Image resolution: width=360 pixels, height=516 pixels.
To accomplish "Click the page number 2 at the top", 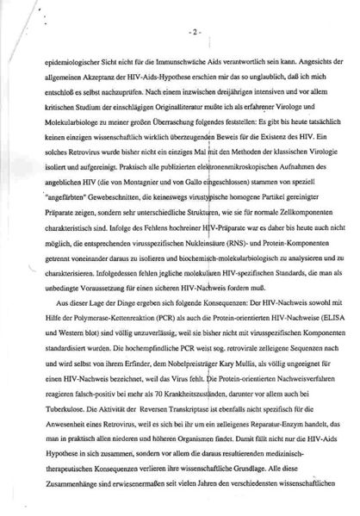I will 196,34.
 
